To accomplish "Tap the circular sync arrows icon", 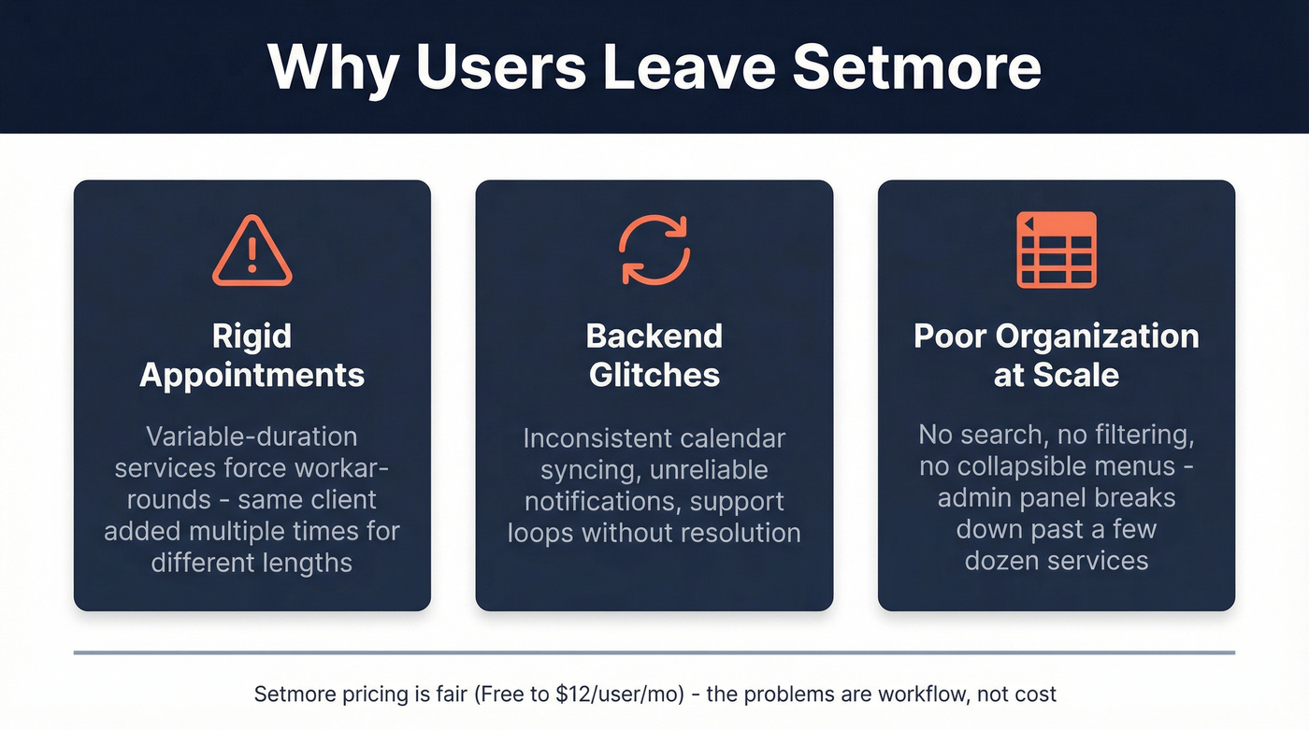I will point(654,249).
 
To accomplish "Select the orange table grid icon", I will point(1057,250).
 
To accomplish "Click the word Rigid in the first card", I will point(252,336).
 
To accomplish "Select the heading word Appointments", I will point(252,375).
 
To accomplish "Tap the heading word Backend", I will point(654,336).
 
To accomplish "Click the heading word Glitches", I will point(654,375).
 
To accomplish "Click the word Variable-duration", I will point(252,437).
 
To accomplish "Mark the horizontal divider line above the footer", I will point(654,652).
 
